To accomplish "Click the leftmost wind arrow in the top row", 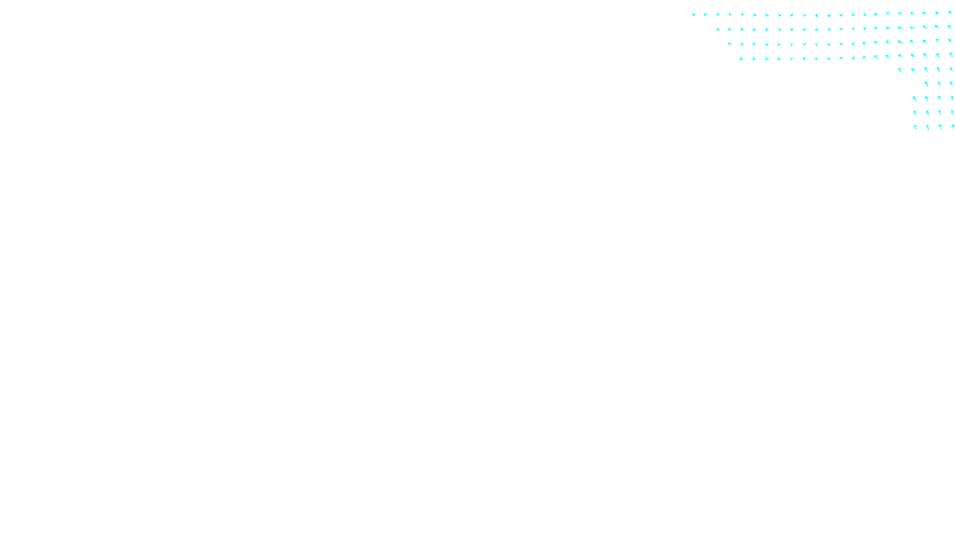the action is coord(694,14).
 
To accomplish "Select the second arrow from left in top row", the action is coord(706,14).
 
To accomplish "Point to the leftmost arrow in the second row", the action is coord(718,29).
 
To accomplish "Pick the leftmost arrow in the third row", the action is coord(729,44).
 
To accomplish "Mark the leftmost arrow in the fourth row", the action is coord(741,58).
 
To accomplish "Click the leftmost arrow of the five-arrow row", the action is coord(901,70).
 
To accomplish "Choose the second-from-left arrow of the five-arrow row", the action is coord(913,70).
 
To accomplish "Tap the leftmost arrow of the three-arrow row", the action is coord(926,84).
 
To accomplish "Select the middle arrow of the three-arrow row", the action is coord(939,84).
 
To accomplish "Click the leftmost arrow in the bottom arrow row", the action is coord(915,127).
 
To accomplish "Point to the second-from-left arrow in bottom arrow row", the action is coord(928,127).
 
